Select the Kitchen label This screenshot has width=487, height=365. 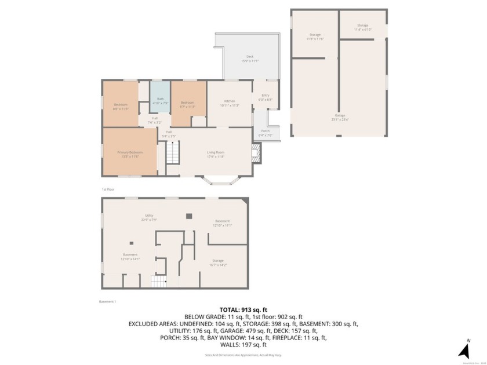(x=230, y=103)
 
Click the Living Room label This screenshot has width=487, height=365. (x=216, y=154)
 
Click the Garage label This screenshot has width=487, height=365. (x=340, y=118)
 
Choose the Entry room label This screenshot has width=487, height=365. (x=266, y=97)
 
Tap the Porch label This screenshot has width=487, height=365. (x=266, y=133)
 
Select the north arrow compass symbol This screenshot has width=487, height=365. (x=464, y=349)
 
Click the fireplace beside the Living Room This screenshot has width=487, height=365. (x=256, y=152)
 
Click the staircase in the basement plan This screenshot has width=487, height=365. (x=159, y=282)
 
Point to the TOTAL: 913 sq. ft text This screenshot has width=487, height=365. (x=243, y=309)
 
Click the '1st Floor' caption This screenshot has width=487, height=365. (x=108, y=189)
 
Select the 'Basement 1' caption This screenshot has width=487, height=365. (x=108, y=301)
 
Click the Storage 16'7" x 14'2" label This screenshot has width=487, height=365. (x=218, y=262)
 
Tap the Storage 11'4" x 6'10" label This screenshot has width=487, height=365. (x=363, y=27)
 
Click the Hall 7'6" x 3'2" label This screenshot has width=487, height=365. (x=155, y=120)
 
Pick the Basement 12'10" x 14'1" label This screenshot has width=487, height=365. (x=130, y=257)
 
